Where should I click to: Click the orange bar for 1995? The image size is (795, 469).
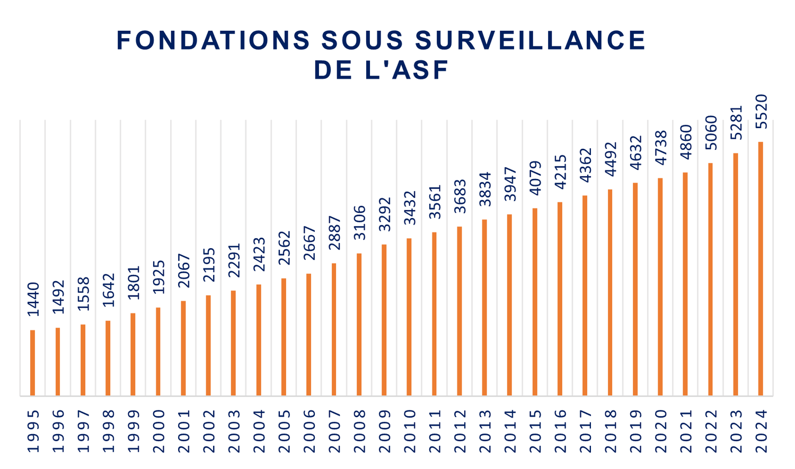click(32, 363)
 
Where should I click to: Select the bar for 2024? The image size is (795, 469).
click(761, 268)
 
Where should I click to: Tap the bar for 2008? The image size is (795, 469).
click(359, 324)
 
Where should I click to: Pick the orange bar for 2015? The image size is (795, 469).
click(535, 302)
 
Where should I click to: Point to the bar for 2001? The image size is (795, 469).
click(183, 348)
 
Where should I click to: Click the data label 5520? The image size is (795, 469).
click(761, 112)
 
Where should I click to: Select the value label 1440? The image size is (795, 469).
click(33, 300)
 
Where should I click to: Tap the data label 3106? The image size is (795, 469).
click(359, 223)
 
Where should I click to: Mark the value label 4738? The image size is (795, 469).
click(660, 148)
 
